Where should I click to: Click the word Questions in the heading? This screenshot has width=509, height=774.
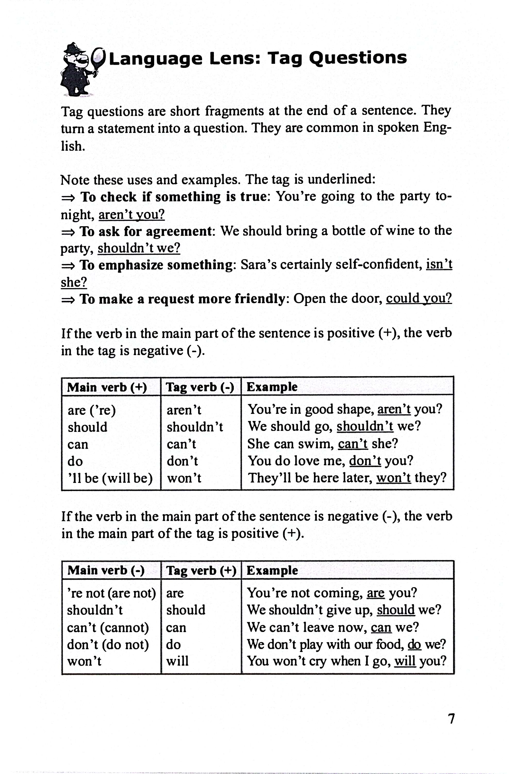pyautogui.click(x=358, y=59)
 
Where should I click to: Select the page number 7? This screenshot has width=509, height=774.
pyautogui.click(x=451, y=718)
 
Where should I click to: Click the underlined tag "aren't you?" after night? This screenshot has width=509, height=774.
pyautogui.click(x=131, y=214)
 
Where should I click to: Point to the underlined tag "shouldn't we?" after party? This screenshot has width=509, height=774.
pyautogui.click(x=139, y=248)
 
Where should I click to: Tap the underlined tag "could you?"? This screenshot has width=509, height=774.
pyautogui.click(x=419, y=298)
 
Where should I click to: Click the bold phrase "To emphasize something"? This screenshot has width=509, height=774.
pyautogui.click(x=156, y=265)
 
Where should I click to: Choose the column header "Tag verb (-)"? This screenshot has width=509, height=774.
pyautogui.click(x=200, y=387)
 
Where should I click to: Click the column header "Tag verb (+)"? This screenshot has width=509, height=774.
pyautogui.click(x=201, y=570)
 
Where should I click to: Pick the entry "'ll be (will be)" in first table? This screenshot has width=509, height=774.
pyautogui.click(x=110, y=478)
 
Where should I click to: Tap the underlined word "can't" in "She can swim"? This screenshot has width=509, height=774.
pyautogui.click(x=353, y=444)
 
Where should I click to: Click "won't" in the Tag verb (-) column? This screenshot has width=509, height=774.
pyautogui.click(x=184, y=478)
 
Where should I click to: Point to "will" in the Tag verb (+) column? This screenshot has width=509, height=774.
pyautogui.click(x=177, y=661)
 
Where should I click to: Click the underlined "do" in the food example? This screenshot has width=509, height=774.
pyautogui.click(x=414, y=644)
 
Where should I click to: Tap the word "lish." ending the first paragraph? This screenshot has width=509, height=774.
pyautogui.click(x=73, y=146)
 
